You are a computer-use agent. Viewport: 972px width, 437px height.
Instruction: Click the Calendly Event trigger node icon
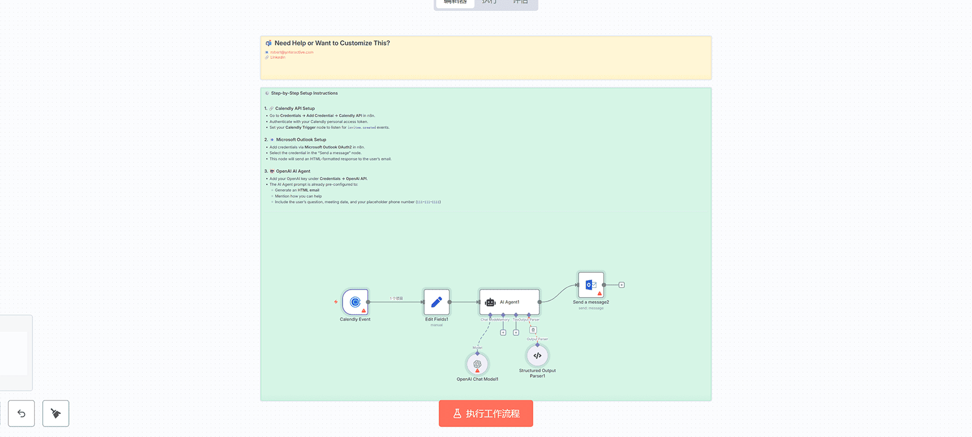pyautogui.click(x=355, y=302)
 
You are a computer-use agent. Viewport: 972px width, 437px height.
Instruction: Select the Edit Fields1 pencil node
pyautogui.click(x=437, y=302)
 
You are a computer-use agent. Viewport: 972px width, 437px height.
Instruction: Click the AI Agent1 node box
pyautogui.click(x=509, y=302)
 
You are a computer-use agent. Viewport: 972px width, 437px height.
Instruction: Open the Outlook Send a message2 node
pyautogui.click(x=591, y=285)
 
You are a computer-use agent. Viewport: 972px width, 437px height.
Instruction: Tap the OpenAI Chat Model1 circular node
pyautogui.click(x=477, y=364)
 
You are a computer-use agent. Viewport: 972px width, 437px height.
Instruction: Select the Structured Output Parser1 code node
pyautogui.click(x=537, y=355)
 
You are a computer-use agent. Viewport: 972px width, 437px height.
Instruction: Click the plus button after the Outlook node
pyautogui.click(x=621, y=285)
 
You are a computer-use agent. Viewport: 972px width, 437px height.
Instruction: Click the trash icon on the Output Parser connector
pyautogui.click(x=533, y=330)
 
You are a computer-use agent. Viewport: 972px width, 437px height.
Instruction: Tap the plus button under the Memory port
pyautogui.click(x=503, y=332)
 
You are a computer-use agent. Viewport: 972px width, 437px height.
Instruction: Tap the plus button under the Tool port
pyautogui.click(x=516, y=332)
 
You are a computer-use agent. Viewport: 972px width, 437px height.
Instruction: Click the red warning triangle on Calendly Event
pyautogui.click(x=363, y=310)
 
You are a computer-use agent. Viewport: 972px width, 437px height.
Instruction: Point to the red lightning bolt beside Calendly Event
pyautogui.click(x=336, y=302)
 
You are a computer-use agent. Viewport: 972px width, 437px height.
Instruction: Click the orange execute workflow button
pyautogui.click(x=485, y=413)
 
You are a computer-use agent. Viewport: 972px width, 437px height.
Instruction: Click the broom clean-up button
pyautogui.click(x=56, y=413)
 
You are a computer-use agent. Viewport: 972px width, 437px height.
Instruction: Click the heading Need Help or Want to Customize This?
pyautogui.click(x=332, y=43)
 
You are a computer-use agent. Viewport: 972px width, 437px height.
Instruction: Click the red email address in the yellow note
pyautogui.click(x=292, y=52)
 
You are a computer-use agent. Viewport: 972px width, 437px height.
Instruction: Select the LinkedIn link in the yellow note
pyautogui.click(x=278, y=57)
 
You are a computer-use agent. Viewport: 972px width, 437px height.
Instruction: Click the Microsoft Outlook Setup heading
pyautogui.click(x=301, y=139)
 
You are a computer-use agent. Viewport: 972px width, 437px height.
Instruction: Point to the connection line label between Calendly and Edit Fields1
pyautogui.click(x=396, y=298)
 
